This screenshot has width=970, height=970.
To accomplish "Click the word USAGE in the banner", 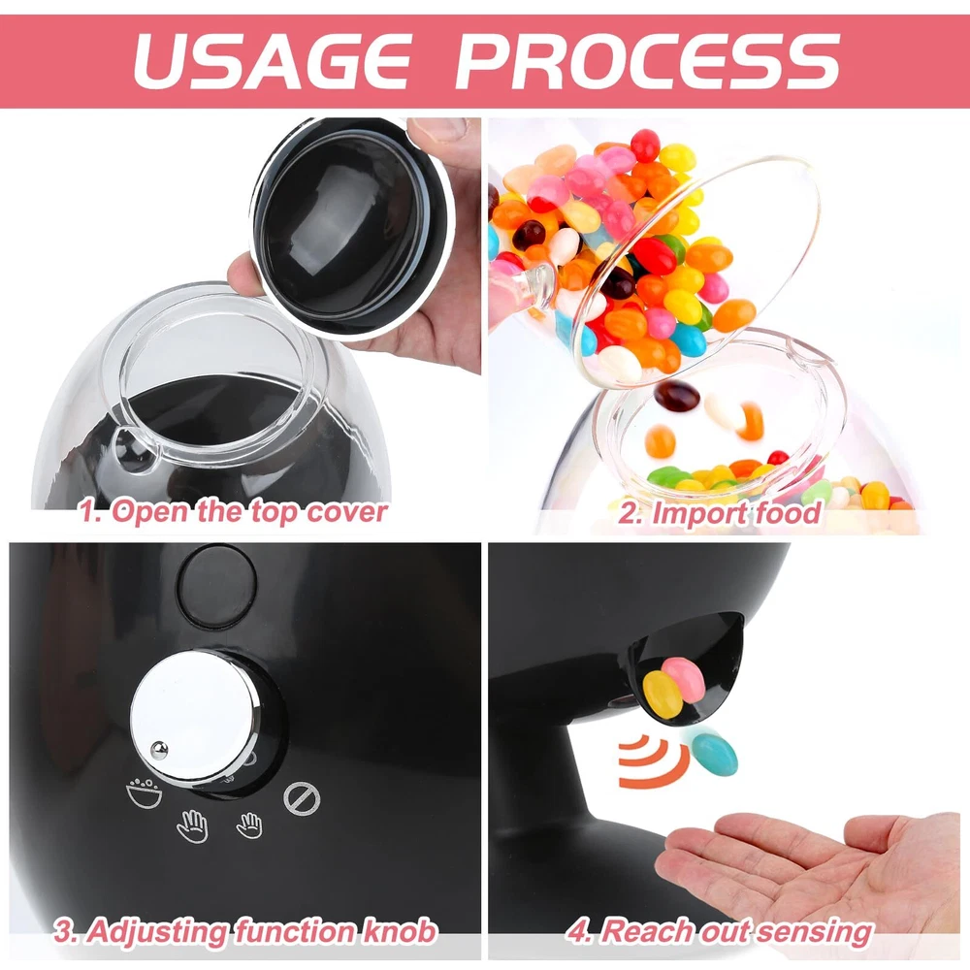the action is pos(273,61).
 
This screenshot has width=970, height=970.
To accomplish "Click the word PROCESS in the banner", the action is pos(648,61).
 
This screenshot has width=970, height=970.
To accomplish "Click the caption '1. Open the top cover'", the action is pos(234,513).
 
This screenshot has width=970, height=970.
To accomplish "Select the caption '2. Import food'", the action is pos(720,513).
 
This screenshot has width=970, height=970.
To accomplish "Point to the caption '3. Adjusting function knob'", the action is pos(245,931).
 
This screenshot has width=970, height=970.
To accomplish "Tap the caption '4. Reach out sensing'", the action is pos(720,931).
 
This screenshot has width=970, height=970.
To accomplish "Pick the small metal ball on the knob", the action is pos(159,750).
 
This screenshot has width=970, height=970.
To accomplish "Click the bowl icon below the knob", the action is pos(144,792).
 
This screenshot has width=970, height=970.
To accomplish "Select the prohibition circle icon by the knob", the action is pos(302,798).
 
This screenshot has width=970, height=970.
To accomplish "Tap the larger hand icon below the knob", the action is pos(192,825).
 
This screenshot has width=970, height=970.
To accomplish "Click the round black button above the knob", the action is pos(216,587).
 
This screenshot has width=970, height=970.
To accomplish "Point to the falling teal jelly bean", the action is pos(715,754).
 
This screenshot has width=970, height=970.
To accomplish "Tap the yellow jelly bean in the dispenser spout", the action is pos(663,695).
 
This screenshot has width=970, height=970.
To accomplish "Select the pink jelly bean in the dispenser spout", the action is pos(684,679).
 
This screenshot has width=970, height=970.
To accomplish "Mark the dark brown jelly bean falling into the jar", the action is pos(677,396).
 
